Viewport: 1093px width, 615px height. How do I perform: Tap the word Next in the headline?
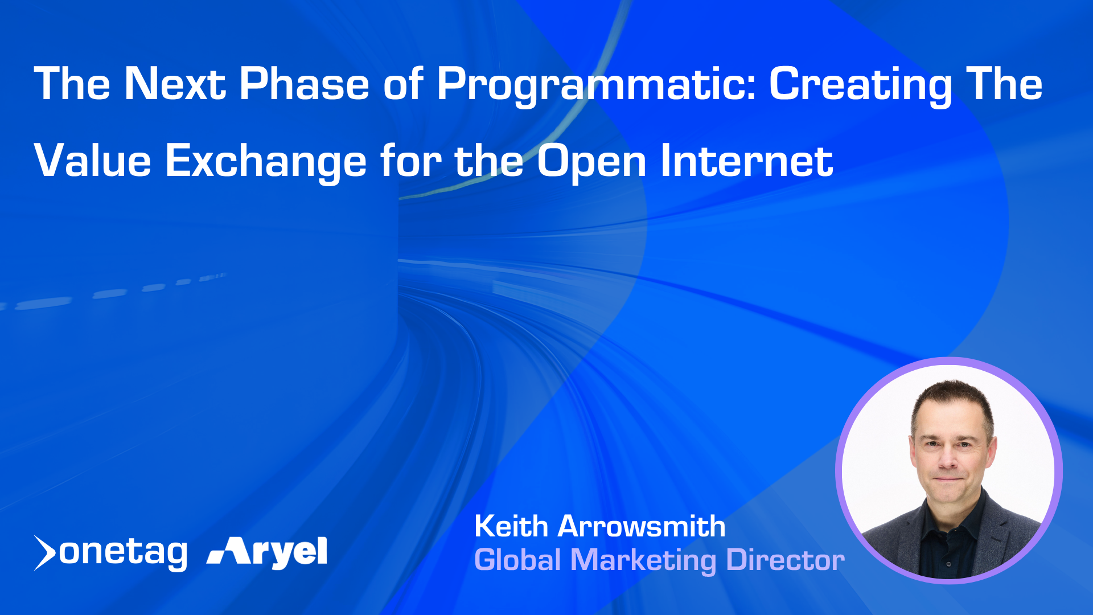(x=175, y=84)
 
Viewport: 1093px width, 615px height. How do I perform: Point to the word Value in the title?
(x=93, y=161)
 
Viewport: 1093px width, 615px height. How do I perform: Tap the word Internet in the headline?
(x=747, y=161)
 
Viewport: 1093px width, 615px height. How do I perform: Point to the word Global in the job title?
(x=518, y=560)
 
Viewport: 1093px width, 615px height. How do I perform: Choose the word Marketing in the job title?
(x=643, y=561)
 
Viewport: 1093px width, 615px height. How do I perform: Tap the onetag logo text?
(x=123, y=552)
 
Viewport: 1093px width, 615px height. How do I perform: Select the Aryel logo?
(x=267, y=552)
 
